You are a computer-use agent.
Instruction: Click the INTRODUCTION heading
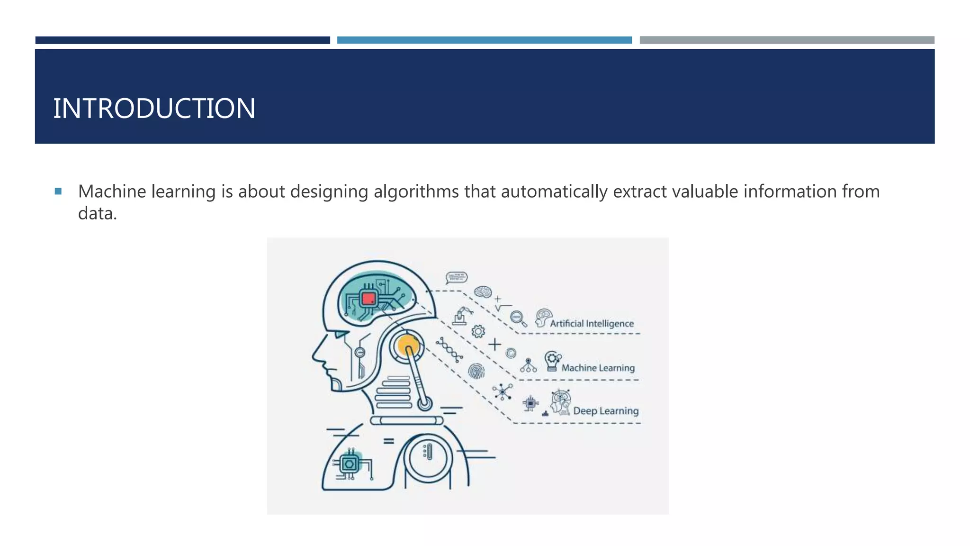point(154,109)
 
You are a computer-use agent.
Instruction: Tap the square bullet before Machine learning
point(58,191)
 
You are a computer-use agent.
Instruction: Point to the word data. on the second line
point(97,214)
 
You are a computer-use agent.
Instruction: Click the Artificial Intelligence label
point(592,324)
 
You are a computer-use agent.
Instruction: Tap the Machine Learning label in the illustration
point(598,368)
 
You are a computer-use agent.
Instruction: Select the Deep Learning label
point(605,411)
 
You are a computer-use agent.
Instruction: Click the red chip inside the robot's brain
point(368,299)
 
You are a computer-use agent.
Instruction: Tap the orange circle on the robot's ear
point(408,346)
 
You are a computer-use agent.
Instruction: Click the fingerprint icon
point(476,371)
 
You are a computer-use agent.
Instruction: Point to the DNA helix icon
point(449,350)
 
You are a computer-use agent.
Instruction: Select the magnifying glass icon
point(518,318)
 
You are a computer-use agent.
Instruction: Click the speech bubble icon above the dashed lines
point(457,277)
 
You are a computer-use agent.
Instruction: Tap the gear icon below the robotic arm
point(478,331)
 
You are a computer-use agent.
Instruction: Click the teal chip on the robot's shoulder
point(350,464)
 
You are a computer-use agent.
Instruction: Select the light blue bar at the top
point(484,40)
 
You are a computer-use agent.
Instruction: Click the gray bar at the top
point(787,40)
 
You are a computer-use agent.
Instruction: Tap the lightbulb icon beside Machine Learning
point(552,361)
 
